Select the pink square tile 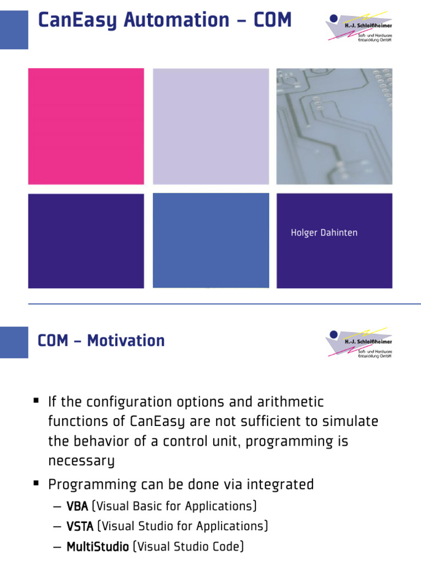[86, 126]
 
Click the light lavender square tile [210, 126]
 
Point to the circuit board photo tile [334, 126]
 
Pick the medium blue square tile [210, 240]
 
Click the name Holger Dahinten [324, 233]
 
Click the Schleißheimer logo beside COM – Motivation [359, 343]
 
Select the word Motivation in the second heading [126, 341]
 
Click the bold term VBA [77, 506]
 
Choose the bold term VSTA [80, 526]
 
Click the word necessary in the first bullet [81, 461]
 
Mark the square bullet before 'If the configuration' [36, 401]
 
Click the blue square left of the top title [14, 30]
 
